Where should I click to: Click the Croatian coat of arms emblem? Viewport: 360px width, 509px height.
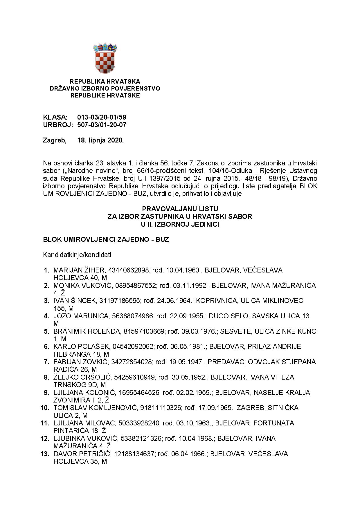click(x=105, y=58)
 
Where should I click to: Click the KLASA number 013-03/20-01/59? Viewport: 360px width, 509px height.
click(x=102, y=118)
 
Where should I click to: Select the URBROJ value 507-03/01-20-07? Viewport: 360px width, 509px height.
click(x=102, y=125)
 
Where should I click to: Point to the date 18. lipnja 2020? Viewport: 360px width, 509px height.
click(x=100, y=140)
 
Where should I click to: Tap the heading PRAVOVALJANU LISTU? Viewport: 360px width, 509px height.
click(x=180, y=209)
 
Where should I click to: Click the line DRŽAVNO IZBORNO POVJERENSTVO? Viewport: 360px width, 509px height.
click(x=105, y=89)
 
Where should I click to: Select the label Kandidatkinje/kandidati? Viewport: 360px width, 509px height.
click(x=77, y=255)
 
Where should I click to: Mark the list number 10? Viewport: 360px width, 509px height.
click(x=45, y=408)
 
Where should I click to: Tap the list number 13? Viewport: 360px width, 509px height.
click(x=45, y=454)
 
